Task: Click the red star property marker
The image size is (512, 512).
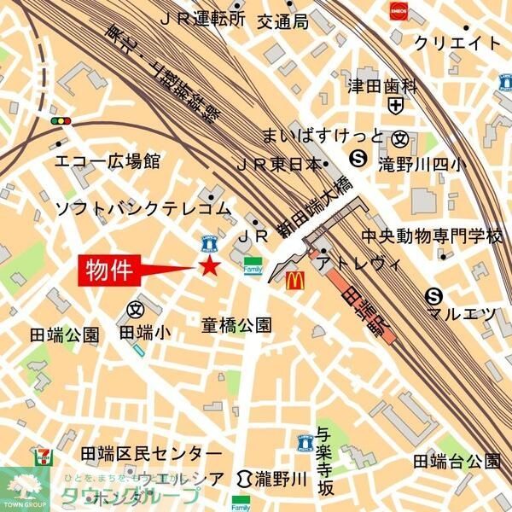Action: click(208, 268)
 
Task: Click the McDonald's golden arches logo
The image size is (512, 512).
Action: click(294, 279)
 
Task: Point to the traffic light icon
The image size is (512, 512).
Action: click(61, 122)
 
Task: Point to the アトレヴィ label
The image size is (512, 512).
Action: click(358, 265)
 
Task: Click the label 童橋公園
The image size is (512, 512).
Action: click(236, 325)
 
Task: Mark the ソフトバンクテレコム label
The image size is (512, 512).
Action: click(143, 208)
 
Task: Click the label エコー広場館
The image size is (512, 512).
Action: click(107, 160)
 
